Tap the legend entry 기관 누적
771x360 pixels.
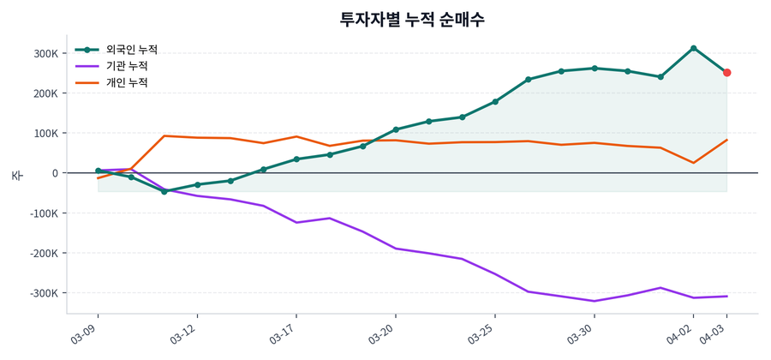coord(127,66)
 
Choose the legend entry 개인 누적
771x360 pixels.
coord(127,82)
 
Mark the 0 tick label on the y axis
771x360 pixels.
coord(55,173)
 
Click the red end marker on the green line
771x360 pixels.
coord(726,73)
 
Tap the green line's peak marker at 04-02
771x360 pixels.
coord(693,48)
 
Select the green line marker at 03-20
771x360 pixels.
coord(396,129)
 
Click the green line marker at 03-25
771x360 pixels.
coord(495,102)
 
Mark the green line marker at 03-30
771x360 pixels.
coord(595,69)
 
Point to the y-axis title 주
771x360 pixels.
coord(16,175)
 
